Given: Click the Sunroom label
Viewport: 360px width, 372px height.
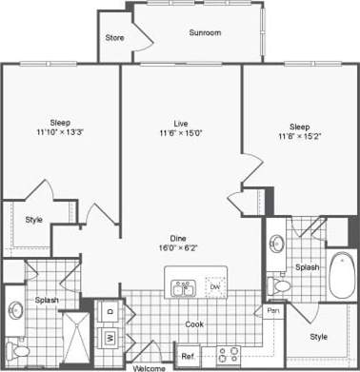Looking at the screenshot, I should pyautogui.click(x=205, y=32).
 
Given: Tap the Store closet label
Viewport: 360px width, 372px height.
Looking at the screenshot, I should pyautogui.click(x=114, y=39).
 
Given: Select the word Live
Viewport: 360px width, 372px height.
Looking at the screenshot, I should pyautogui.click(x=180, y=123).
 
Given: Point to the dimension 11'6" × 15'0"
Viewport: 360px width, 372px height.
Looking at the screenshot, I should pyautogui.click(x=180, y=134).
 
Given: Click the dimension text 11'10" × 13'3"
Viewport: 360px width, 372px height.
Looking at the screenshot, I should pyautogui.click(x=60, y=134).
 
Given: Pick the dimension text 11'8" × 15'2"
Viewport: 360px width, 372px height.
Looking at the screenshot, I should pyautogui.click(x=299, y=137).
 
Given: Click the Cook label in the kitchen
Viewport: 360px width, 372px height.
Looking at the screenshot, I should pyautogui.click(x=194, y=323).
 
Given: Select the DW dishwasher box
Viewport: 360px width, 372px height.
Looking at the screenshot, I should pyautogui.click(x=214, y=286).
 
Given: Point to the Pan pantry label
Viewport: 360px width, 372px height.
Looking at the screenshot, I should pyautogui.click(x=272, y=311).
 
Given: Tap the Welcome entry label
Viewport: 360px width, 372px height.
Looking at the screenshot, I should pyautogui.click(x=150, y=366).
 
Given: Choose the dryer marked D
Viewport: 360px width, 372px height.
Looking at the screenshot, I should pyautogui.click(x=110, y=311).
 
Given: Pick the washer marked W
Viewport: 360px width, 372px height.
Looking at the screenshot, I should pyautogui.click(x=110, y=336).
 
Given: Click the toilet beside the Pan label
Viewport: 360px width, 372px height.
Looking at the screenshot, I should pyautogui.click(x=283, y=284).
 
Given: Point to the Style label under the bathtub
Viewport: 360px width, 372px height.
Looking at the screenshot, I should pyautogui.click(x=319, y=336).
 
